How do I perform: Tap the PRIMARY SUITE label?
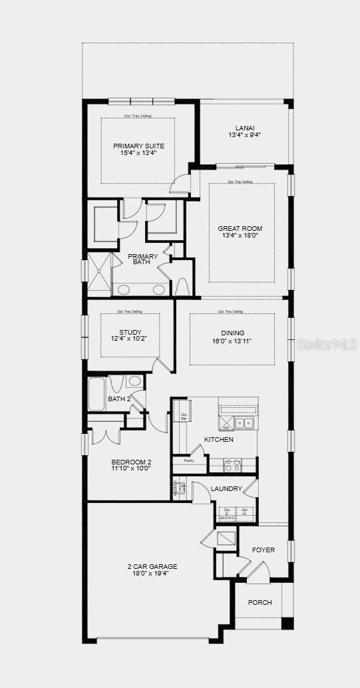pos(138,146)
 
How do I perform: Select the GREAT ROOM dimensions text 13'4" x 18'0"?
pos(240,236)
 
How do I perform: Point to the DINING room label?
pos(232,333)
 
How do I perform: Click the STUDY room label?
pos(130,332)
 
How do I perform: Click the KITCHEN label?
pos(218,440)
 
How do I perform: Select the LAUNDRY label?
pos(226,489)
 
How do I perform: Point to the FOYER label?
pos(263,550)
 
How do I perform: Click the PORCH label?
pos(260,603)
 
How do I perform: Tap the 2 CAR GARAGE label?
pos(152,566)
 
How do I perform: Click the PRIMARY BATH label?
pos(143,259)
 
